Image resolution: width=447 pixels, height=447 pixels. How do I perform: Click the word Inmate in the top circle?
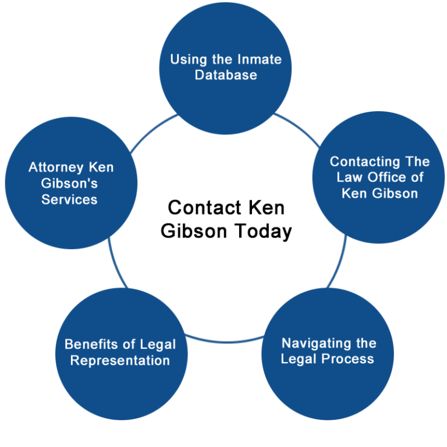tap(260, 59)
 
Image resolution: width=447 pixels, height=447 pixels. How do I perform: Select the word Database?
tap(226, 75)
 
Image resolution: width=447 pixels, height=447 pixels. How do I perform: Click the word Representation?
tap(120, 361)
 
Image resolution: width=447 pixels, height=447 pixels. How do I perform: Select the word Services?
tap(69, 199)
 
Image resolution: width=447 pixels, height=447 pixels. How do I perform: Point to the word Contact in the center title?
tap(205, 207)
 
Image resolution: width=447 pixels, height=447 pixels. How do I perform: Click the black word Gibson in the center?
tap(194, 230)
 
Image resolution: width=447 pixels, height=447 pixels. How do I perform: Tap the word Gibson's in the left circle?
tap(69, 183)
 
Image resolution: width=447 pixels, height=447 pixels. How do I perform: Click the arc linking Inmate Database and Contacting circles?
tap(299, 127)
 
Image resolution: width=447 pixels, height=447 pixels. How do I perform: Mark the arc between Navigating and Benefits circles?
tap(225, 341)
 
